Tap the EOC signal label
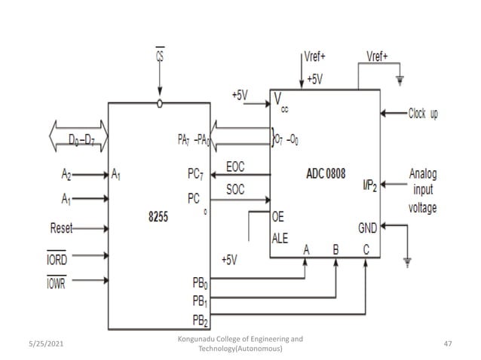236,166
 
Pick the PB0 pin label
200,285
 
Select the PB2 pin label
200,320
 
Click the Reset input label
61,227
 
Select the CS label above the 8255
160,56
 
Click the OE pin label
277,215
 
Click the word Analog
422,174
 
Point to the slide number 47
448,343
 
